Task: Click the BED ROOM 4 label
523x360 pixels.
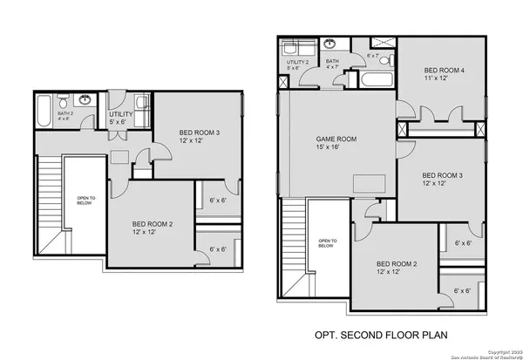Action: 444,71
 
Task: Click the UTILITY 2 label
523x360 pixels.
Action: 297,63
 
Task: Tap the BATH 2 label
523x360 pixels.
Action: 66,113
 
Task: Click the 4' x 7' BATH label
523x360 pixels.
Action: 332,63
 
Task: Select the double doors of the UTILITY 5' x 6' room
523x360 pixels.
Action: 119,134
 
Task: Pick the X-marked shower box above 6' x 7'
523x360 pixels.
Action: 381,43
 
